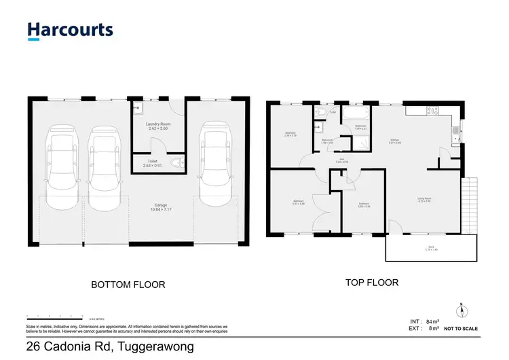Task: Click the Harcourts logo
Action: [x=70, y=30]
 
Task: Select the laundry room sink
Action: [x=137, y=107]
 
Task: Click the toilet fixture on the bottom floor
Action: [x=177, y=163]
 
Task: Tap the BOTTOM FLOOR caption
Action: [x=128, y=285]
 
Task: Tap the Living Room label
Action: [x=425, y=200]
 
